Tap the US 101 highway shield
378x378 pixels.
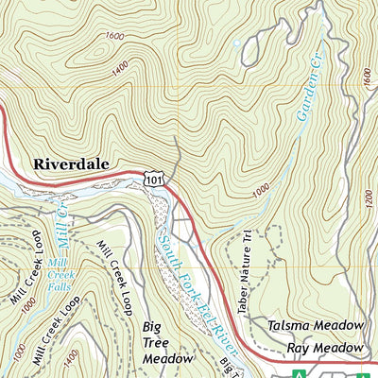tap(153, 177)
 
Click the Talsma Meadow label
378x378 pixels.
tap(315, 325)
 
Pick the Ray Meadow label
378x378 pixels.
tap(325, 349)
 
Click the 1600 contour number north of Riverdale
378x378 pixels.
tap(116, 36)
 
